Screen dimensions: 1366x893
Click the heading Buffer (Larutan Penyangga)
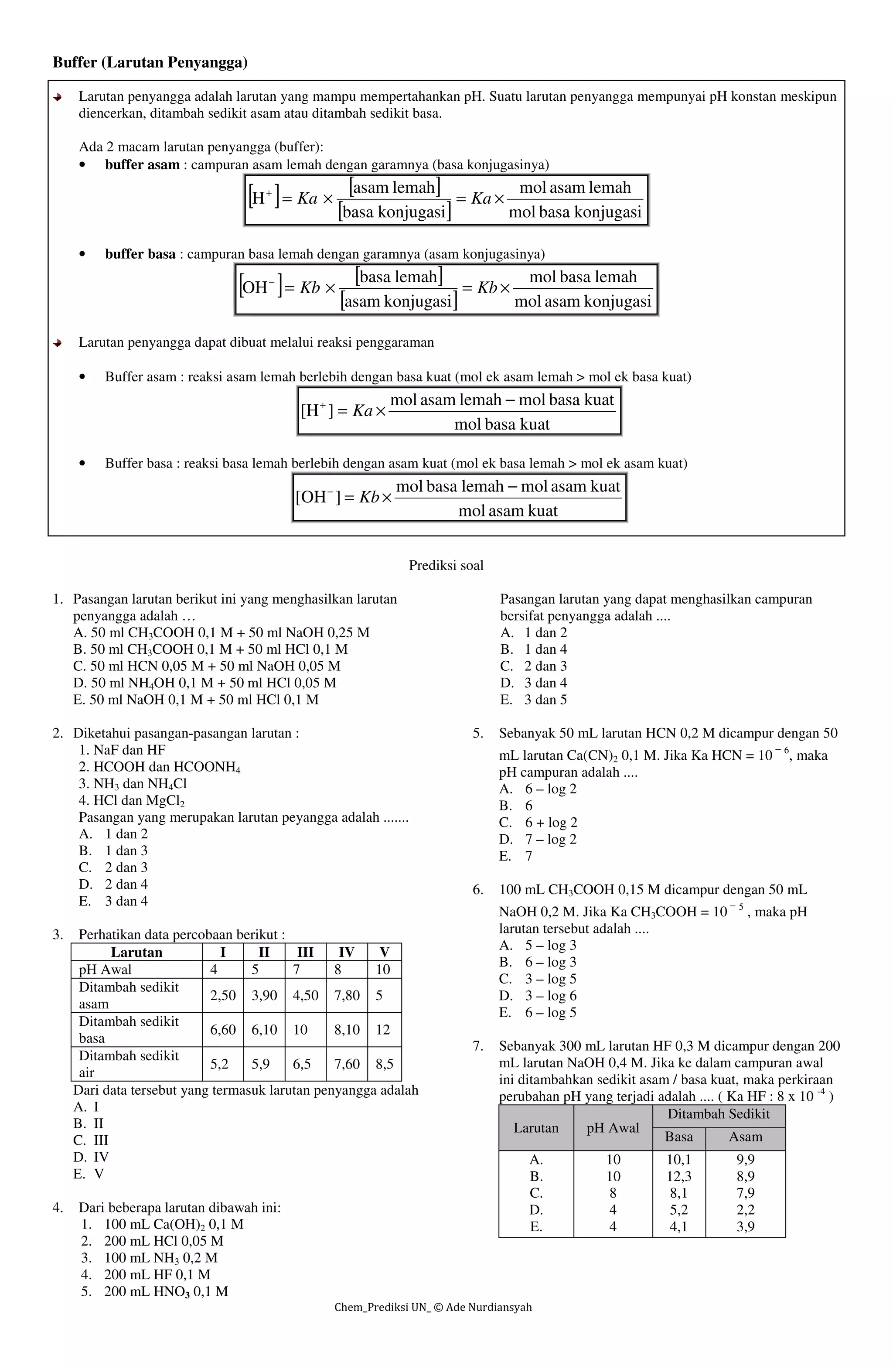[150, 62]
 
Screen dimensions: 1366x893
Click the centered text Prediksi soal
[446, 565]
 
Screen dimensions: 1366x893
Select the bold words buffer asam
[142, 165]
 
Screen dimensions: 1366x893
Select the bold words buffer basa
[140, 254]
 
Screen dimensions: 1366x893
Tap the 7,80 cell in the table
[347, 995]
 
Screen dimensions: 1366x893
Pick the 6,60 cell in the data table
[223, 1030]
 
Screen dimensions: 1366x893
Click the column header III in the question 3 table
[305, 952]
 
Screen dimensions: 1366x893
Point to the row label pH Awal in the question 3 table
[105, 970]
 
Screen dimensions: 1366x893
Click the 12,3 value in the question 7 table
[678, 1176]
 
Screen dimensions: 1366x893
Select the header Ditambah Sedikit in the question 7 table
[719, 1113]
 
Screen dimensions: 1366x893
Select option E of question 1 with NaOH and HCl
[196, 699]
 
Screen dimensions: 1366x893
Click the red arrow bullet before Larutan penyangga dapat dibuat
[58, 343]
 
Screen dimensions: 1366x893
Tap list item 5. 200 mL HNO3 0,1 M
[154, 1291]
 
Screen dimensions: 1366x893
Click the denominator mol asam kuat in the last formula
[508, 510]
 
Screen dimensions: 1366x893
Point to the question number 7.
[477, 1046]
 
